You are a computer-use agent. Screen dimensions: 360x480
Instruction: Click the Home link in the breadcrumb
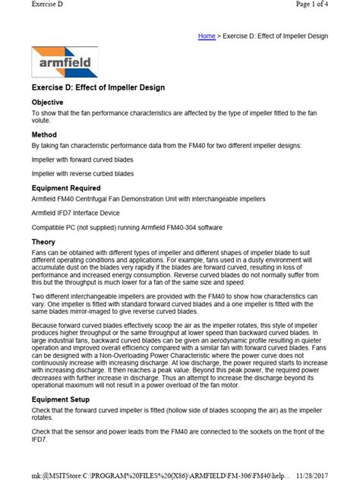point(207,36)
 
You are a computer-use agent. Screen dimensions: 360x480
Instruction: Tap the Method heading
point(44,134)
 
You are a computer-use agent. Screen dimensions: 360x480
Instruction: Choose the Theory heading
point(43,242)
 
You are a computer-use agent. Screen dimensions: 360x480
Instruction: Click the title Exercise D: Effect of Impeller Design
point(98,87)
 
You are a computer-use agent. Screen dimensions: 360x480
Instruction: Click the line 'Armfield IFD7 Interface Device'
point(76,213)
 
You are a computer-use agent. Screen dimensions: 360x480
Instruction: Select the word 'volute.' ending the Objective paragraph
point(43,119)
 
